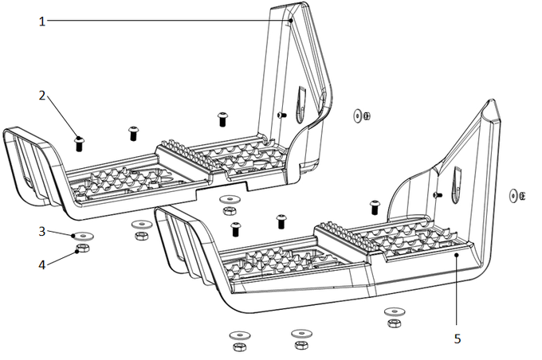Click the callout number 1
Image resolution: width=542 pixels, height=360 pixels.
(x=41, y=22)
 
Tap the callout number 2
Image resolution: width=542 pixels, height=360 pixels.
(x=41, y=96)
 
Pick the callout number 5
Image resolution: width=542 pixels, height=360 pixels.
(x=457, y=338)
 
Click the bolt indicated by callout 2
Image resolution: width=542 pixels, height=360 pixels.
(x=79, y=143)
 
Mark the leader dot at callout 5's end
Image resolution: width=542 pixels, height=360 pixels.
(x=456, y=256)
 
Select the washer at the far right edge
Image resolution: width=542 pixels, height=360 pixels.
(x=514, y=194)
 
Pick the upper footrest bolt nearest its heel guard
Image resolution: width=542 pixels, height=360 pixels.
(x=223, y=119)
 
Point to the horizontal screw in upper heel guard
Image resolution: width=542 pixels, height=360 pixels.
(x=281, y=115)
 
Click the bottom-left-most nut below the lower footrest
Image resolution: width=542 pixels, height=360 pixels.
(x=238, y=347)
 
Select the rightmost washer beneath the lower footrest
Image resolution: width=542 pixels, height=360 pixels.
(x=393, y=311)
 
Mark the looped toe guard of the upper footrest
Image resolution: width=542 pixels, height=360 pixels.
(x=24, y=159)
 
